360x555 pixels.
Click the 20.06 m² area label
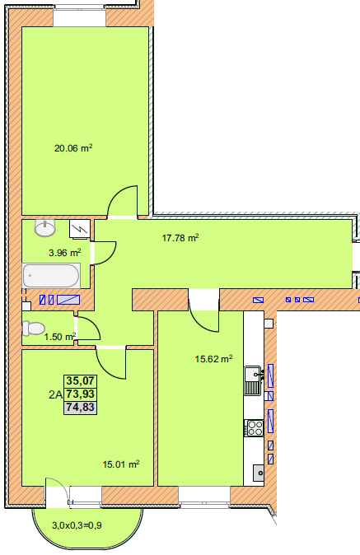pos(73,148)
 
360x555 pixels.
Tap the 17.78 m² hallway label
pos(180,238)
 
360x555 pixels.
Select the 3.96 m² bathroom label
pos(65,253)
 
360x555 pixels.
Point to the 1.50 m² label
pos(60,337)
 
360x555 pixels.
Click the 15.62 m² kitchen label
pos(213,359)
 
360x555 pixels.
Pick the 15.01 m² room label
pos(121,464)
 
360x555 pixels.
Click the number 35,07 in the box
pos(81,381)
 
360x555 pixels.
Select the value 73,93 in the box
pos(81,394)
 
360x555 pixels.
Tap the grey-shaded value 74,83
pos(81,407)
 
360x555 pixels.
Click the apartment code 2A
pos(55,394)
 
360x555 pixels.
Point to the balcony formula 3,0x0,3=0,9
pos(77,525)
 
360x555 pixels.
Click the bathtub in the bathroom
pos(51,275)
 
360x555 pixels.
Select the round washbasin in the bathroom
pos(45,227)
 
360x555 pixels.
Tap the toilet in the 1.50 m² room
pos(33,328)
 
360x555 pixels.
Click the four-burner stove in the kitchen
pos(255,428)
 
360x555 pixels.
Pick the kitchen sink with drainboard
pos(255,381)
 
